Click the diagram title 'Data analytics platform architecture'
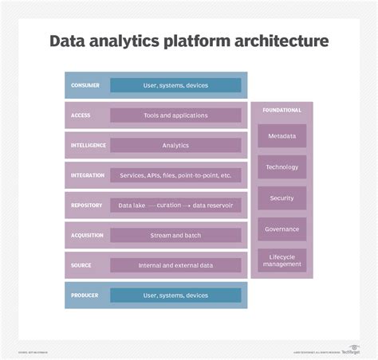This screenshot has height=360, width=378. [x=189, y=41]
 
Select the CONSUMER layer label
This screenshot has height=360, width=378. [x=85, y=85]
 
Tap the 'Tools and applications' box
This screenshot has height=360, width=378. [x=175, y=115]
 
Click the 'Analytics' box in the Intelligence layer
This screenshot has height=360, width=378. [x=175, y=145]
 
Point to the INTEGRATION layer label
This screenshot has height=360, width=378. [x=88, y=175]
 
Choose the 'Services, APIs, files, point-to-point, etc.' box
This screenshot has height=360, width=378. [x=175, y=175]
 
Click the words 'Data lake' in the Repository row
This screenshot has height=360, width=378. [x=132, y=205]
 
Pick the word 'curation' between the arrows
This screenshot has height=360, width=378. [x=169, y=205]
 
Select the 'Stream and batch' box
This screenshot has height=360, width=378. [x=175, y=236]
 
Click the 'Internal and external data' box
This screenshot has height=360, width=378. [x=175, y=265]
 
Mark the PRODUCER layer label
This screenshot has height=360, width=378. [x=85, y=295]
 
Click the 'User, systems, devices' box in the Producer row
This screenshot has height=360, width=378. [x=175, y=295]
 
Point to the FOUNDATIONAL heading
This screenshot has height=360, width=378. [x=282, y=110]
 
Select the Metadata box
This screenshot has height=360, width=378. [x=282, y=136]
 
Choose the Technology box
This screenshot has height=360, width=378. [x=282, y=167]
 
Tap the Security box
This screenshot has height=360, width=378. [x=282, y=198]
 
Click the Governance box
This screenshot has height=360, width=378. [x=282, y=229]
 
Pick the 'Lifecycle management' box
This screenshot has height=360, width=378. [x=282, y=260]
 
